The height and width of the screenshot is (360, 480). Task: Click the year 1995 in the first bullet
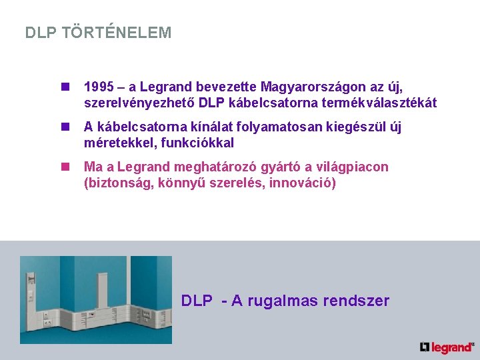click(x=98, y=87)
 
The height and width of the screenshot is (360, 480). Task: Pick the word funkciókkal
click(x=197, y=143)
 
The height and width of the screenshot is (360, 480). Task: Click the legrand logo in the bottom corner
click(x=447, y=347)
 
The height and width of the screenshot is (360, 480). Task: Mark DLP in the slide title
click(x=41, y=33)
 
